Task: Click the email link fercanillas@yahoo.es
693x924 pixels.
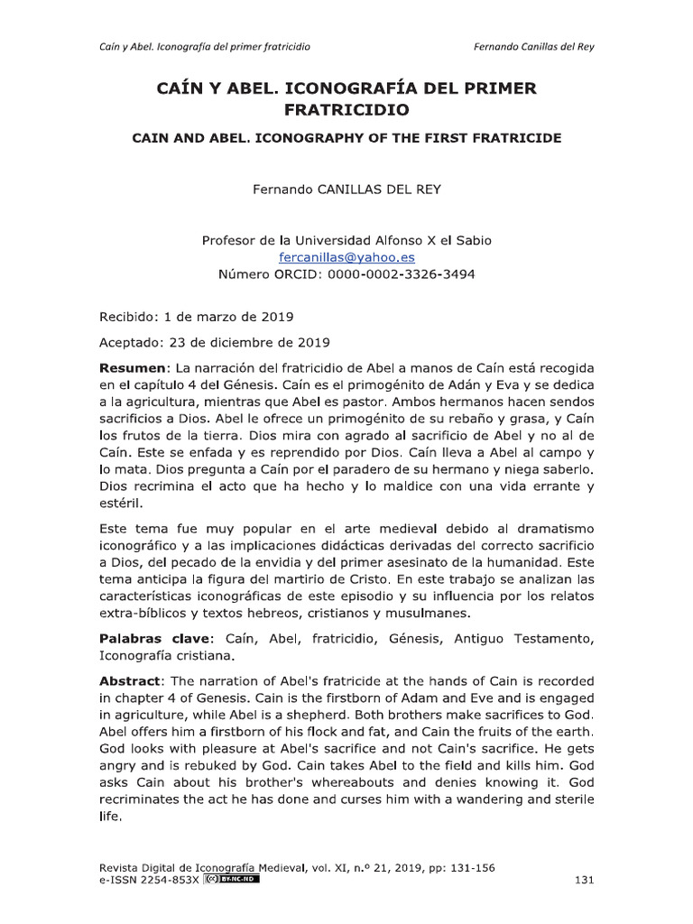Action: [x=346, y=257]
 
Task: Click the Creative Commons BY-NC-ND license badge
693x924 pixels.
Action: [x=231, y=879]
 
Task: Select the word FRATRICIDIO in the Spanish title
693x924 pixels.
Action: [x=346, y=111]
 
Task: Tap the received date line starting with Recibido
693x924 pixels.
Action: [x=195, y=318]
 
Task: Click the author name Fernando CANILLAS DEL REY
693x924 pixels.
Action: [x=346, y=190]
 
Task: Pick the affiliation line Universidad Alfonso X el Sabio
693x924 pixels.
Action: [x=346, y=240]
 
